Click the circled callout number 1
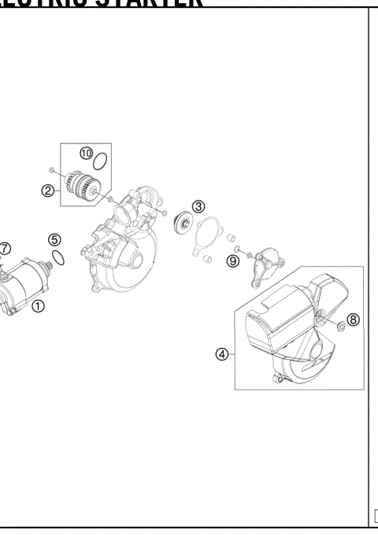coord(37,307)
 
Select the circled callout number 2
coord(48,190)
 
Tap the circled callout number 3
coord(198,206)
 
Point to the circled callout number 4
coord(222,354)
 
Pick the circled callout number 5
coord(54,239)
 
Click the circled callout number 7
coord(5,248)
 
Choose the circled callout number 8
coord(353,319)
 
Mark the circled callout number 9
coord(232,261)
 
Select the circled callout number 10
coord(86,153)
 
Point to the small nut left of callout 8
coord(337,324)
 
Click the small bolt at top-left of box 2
coord(51,169)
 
